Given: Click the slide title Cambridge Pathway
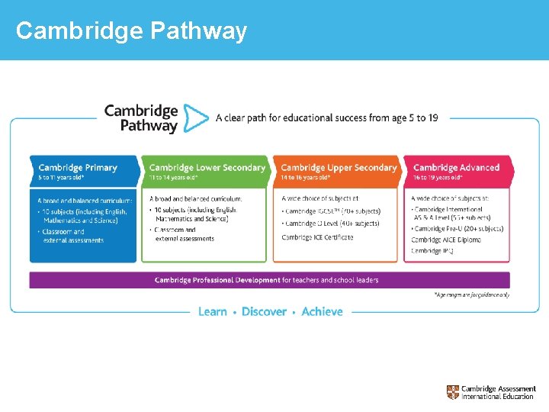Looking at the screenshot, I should coord(131,31).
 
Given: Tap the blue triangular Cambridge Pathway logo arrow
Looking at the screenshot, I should coord(196,119).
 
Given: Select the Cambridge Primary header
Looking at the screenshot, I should coord(78,167).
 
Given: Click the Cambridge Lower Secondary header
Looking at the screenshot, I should coord(207,167).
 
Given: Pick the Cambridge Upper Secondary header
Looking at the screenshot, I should coord(339,167).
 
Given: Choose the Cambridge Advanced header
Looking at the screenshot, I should coord(456,167).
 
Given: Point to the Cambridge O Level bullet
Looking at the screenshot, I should coord(330,224).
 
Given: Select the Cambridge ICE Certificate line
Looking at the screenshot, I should coord(317,237).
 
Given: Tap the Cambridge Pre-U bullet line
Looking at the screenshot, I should coord(457,228).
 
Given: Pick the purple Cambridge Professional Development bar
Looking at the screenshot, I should coord(269,280).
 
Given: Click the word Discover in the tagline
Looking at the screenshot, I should coord(264,311).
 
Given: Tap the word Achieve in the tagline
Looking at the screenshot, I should coord(322,311).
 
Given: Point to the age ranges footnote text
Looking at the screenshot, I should coord(471,295).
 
